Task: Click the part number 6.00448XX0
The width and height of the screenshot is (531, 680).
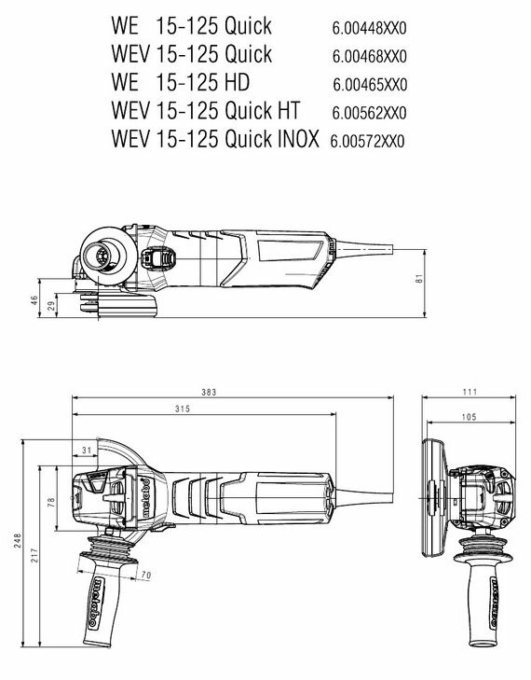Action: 370,29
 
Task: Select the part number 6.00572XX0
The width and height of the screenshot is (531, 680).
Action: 367,142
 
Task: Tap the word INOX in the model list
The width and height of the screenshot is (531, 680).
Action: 297,139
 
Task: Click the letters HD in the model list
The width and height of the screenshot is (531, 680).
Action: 237,82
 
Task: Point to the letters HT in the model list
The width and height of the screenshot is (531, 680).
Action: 287,111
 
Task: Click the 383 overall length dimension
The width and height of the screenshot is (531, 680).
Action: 209,392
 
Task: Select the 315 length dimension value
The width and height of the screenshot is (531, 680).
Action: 183,409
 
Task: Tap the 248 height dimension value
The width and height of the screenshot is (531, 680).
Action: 18,540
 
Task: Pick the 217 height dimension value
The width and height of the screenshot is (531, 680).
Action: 34,556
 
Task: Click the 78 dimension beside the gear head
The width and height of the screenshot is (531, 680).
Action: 51,502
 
